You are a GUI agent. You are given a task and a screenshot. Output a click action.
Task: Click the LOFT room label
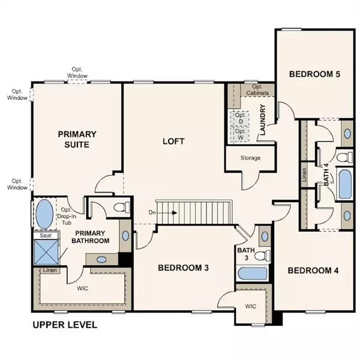[173, 141]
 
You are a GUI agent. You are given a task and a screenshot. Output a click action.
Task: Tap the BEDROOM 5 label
[314, 74]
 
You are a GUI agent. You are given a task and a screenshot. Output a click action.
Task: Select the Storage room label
[250, 158]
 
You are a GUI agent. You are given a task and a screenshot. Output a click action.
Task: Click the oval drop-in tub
[44, 214]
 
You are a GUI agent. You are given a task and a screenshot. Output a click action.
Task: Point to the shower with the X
[46, 252]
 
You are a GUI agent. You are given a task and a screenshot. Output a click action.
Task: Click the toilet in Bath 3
[262, 255]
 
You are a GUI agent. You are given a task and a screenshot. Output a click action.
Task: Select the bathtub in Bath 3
[253, 273]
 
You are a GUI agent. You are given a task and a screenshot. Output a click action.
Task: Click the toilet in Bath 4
[344, 157]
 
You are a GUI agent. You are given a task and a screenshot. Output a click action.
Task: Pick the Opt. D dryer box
[241, 118]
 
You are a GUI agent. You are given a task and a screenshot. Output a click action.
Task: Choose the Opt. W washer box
[241, 134]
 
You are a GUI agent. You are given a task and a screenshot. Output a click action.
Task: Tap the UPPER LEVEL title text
[65, 325]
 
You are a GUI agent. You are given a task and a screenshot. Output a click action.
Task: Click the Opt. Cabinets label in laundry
[257, 90]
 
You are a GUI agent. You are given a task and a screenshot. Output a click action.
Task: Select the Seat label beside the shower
[46, 235]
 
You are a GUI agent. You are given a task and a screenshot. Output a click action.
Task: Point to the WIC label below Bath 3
[250, 306]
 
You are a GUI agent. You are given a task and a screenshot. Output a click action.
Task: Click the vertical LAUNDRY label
[263, 119]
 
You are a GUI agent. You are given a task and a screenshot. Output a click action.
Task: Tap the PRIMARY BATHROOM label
[90, 237]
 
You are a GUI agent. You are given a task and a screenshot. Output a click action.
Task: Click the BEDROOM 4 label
[313, 271]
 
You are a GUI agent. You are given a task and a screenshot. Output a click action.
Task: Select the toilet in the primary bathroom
[122, 207]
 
